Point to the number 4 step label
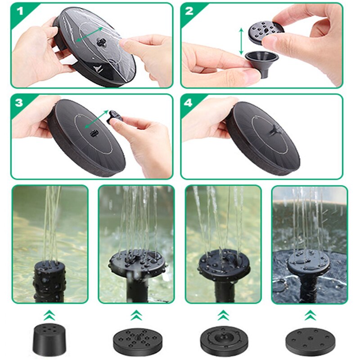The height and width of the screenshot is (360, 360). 189,103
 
